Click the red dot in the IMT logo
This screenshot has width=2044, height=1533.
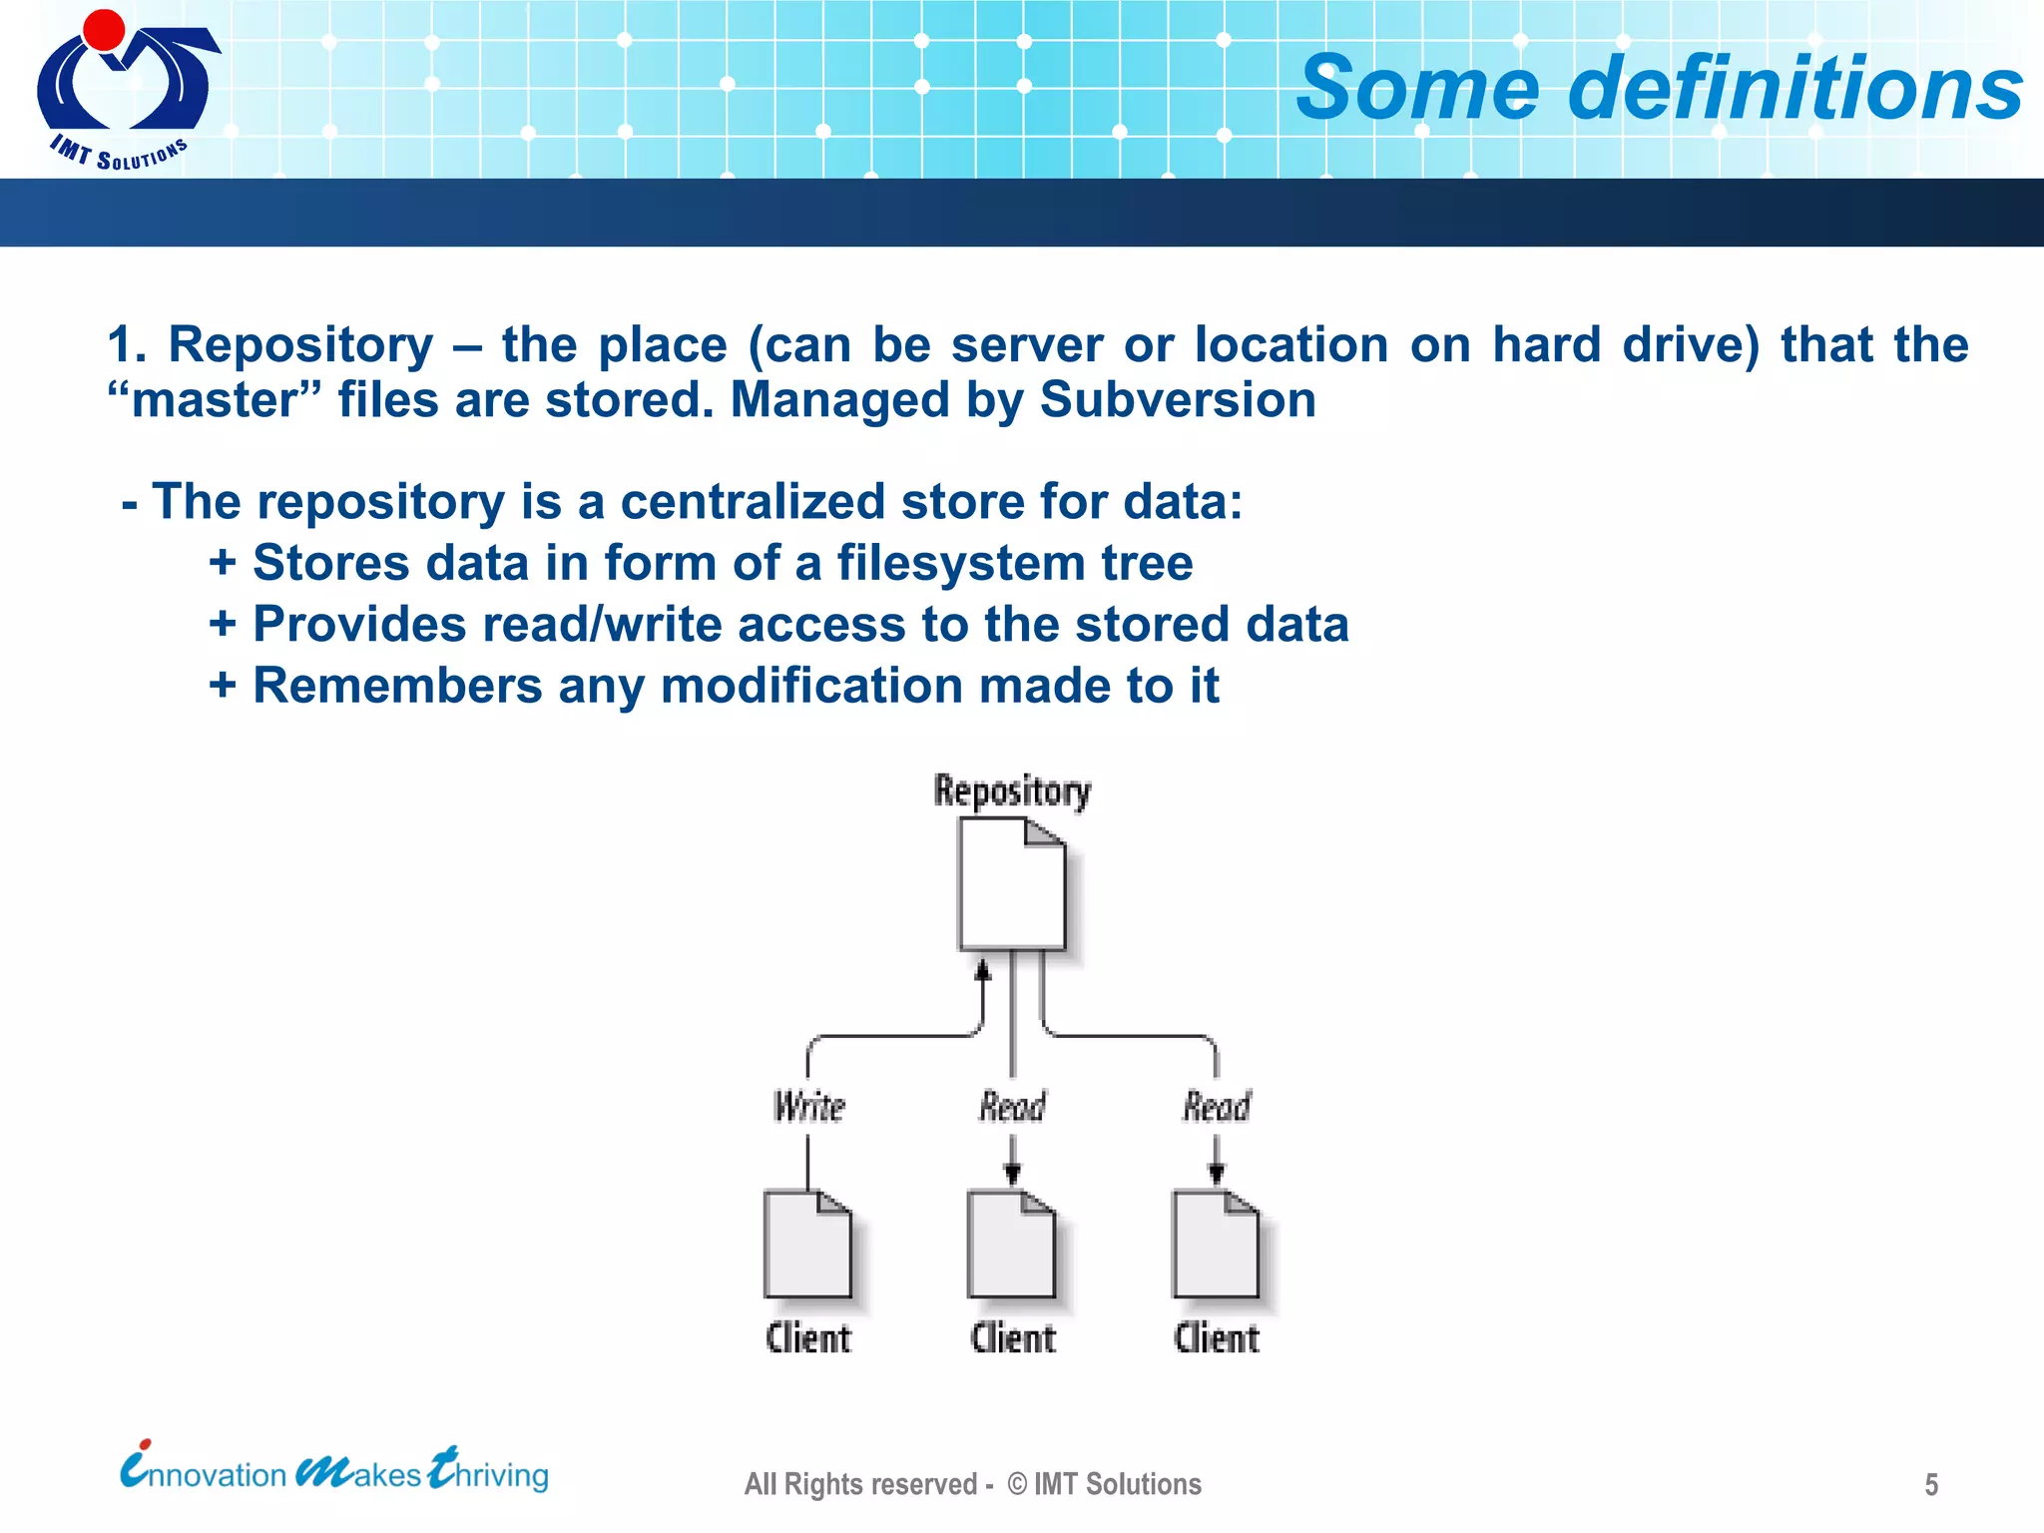[x=103, y=30]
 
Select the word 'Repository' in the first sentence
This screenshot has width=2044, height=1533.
[x=300, y=345]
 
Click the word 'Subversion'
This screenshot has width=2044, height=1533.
[x=1178, y=400]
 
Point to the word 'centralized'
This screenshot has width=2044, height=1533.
[x=753, y=501]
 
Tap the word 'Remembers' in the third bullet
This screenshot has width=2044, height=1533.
[x=397, y=687]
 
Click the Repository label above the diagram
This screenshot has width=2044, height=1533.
[x=1012, y=790]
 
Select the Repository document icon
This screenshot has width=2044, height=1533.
[x=1011, y=883]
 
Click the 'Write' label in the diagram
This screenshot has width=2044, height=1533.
[x=808, y=1106]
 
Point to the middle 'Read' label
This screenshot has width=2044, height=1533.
[x=1012, y=1106]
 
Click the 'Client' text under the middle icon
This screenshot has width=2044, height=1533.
[x=1012, y=1338]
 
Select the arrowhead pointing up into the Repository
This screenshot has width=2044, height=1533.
[x=983, y=969]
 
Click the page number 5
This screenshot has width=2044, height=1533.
[x=1931, y=1485]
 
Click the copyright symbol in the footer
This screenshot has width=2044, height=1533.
[x=1017, y=1484]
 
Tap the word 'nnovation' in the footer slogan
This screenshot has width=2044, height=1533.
[x=219, y=1475]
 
